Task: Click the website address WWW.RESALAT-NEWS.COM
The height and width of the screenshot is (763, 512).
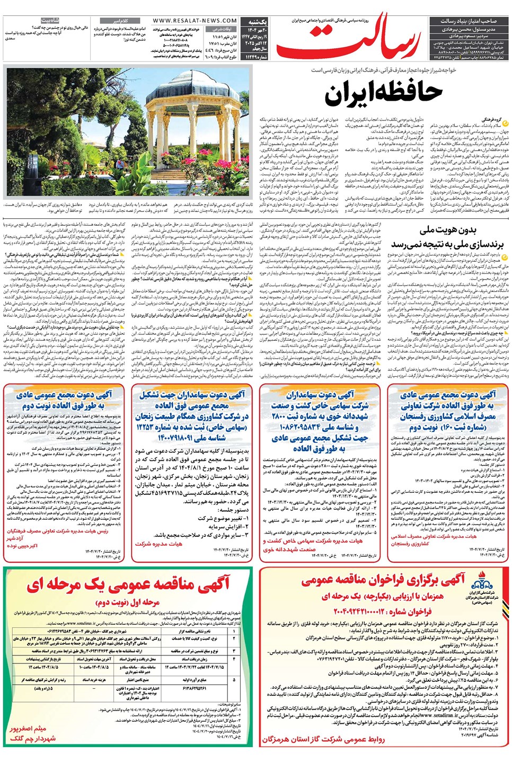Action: (x=188, y=21)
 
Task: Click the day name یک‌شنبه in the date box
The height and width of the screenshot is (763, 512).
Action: (x=258, y=22)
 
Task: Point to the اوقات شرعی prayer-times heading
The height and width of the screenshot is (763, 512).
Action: (x=223, y=29)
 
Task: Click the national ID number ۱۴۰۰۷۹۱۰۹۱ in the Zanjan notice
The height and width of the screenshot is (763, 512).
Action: (x=192, y=438)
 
